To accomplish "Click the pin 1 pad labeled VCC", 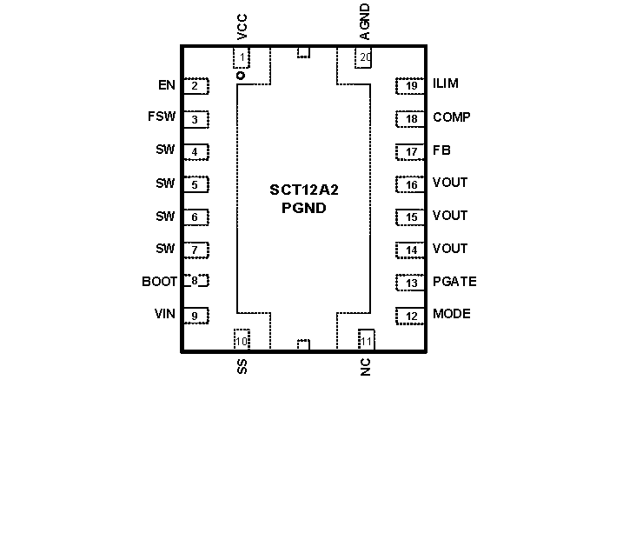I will pyautogui.click(x=241, y=58).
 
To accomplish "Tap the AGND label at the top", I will pyautogui.click(x=365, y=22).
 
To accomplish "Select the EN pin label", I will pyautogui.click(x=166, y=85).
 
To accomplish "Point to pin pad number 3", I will pyautogui.click(x=196, y=119).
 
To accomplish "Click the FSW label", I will pyautogui.click(x=162, y=117).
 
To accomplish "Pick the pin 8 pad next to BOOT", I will pyautogui.click(x=196, y=281).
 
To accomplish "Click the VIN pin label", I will pyautogui.click(x=165, y=314).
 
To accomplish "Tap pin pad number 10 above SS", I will pyautogui.click(x=241, y=340).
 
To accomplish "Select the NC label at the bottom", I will pyautogui.click(x=365, y=367).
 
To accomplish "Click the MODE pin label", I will pyautogui.click(x=452, y=314).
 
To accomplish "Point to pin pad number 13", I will pyautogui.click(x=411, y=283).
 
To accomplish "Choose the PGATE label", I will pyautogui.click(x=454, y=282).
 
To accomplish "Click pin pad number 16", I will pyautogui.click(x=411, y=184).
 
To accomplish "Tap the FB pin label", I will pyautogui.click(x=441, y=150).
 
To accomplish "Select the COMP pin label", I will pyautogui.click(x=452, y=117).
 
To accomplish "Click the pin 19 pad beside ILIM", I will pyautogui.click(x=411, y=85).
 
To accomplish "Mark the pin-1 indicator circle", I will pyautogui.click(x=241, y=77).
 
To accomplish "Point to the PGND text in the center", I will pyautogui.click(x=303, y=208).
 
